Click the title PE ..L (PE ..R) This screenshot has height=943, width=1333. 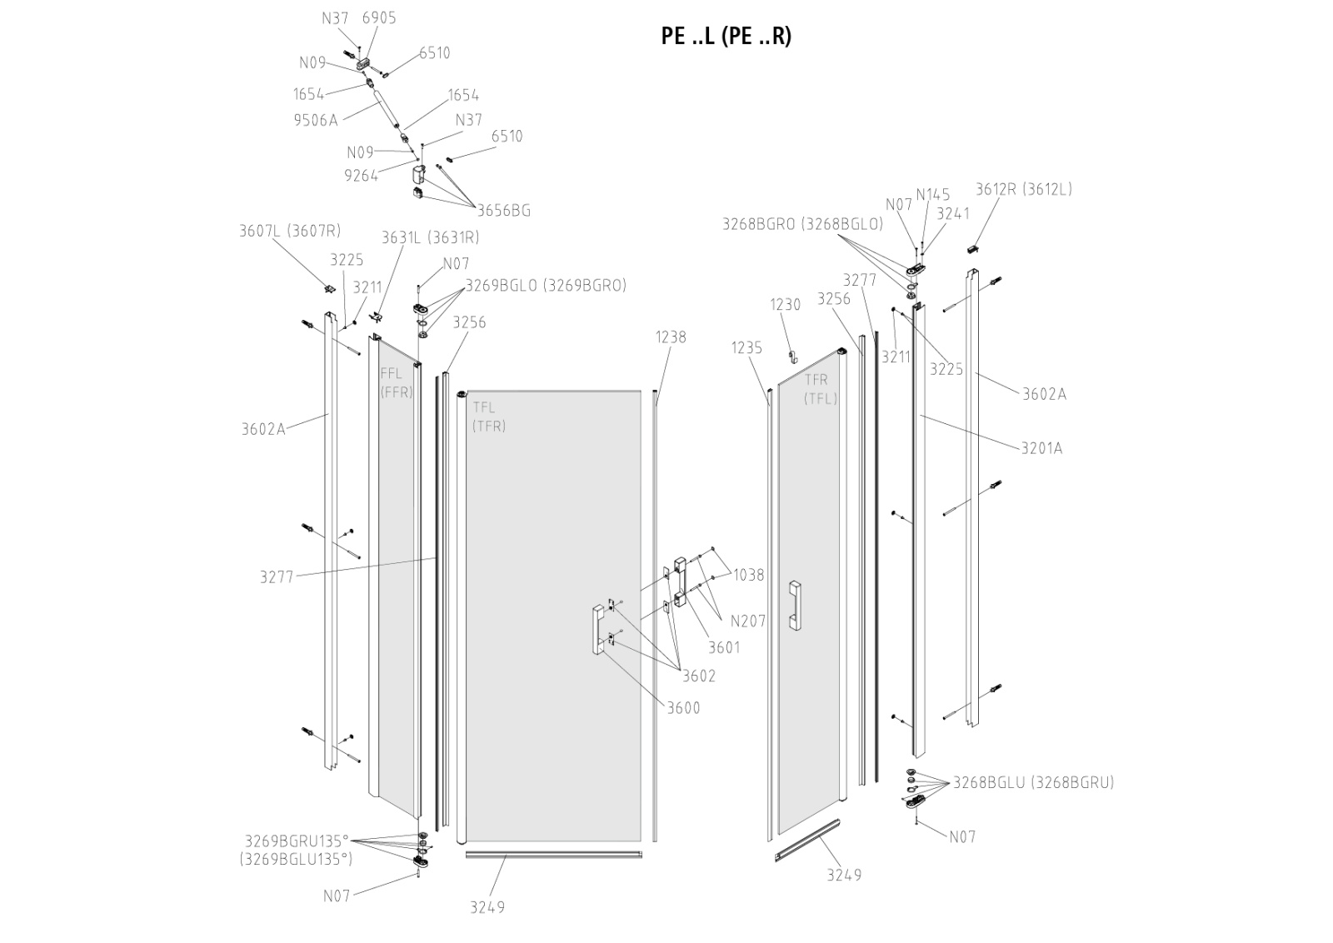(726, 37)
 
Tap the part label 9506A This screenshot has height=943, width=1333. (316, 121)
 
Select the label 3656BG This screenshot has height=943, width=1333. (504, 211)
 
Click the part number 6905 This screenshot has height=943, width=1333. (379, 17)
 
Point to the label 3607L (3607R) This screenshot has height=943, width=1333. (290, 231)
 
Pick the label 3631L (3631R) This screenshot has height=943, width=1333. (430, 237)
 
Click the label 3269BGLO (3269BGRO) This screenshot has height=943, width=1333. (546, 286)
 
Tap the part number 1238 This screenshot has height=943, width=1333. (671, 337)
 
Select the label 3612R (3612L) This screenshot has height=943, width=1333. (1024, 189)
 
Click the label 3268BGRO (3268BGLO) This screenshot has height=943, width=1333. (803, 224)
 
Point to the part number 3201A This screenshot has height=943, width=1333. (1042, 449)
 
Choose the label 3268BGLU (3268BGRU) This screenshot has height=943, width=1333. (1034, 783)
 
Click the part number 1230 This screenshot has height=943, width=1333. (786, 305)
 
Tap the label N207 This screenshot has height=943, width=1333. (748, 621)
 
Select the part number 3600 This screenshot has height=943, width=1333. (683, 708)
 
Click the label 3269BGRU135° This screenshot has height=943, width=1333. (297, 841)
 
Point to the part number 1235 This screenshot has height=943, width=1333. (746, 348)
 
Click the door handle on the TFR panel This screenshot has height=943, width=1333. (795, 606)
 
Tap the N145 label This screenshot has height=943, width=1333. (933, 195)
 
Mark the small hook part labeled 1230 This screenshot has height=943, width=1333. (792, 357)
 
